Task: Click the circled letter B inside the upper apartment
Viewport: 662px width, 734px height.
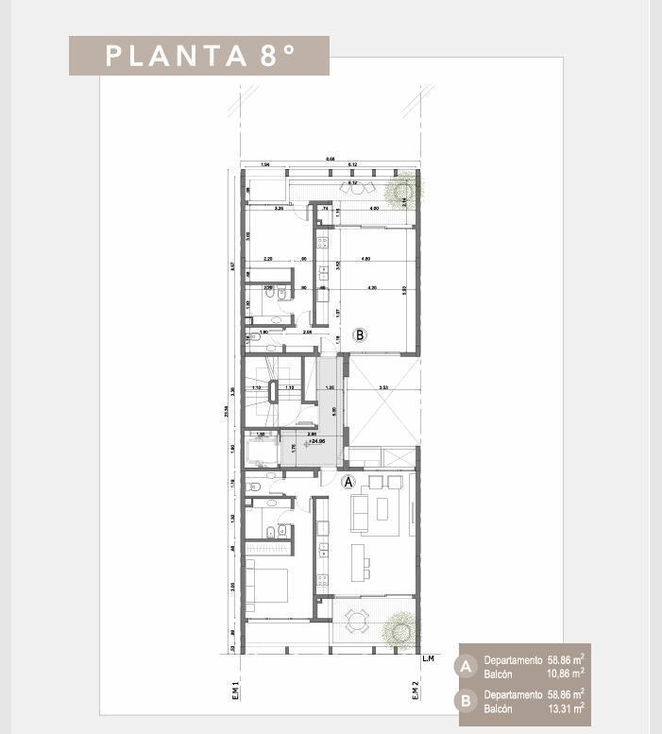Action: (x=360, y=334)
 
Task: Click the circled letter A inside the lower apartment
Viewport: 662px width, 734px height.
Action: (x=348, y=481)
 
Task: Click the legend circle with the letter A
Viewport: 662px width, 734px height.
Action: (x=466, y=667)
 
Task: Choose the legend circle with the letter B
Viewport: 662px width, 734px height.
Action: (x=466, y=701)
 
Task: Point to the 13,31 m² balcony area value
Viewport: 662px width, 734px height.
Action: (x=565, y=708)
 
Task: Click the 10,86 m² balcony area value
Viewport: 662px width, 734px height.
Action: (x=565, y=674)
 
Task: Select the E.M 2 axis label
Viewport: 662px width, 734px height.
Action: (x=416, y=692)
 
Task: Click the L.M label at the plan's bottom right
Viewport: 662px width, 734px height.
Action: (x=429, y=657)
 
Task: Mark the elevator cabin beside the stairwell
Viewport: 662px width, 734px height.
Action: (x=262, y=449)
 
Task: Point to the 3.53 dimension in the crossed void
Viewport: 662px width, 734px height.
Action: (x=382, y=388)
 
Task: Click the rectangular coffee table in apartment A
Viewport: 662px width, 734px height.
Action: (x=382, y=509)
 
